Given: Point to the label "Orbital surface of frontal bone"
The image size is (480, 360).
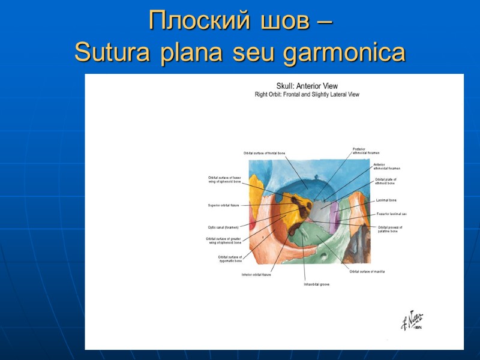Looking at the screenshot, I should [x=265, y=154].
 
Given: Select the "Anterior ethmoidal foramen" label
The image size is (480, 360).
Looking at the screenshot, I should [x=386, y=166].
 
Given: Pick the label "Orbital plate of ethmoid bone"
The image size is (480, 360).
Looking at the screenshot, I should [x=386, y=181].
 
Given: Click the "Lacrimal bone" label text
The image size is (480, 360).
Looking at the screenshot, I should [x=386, y=200].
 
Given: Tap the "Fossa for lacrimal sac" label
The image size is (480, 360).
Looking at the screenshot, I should [x=392, y=214].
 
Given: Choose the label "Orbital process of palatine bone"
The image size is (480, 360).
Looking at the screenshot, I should [x=390, y=229].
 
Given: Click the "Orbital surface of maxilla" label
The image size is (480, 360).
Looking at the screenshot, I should [x=367, y=272].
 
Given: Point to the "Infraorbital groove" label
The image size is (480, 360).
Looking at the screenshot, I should [x=316, y=284].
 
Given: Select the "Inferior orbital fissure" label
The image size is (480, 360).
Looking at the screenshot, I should [x=256, y=275].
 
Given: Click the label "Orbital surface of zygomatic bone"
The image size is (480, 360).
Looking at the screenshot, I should [x=230, y=259].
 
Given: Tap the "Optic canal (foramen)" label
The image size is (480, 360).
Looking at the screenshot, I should [x=223, y=227].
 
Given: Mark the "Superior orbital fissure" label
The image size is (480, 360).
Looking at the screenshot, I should [x=224, y=205].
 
